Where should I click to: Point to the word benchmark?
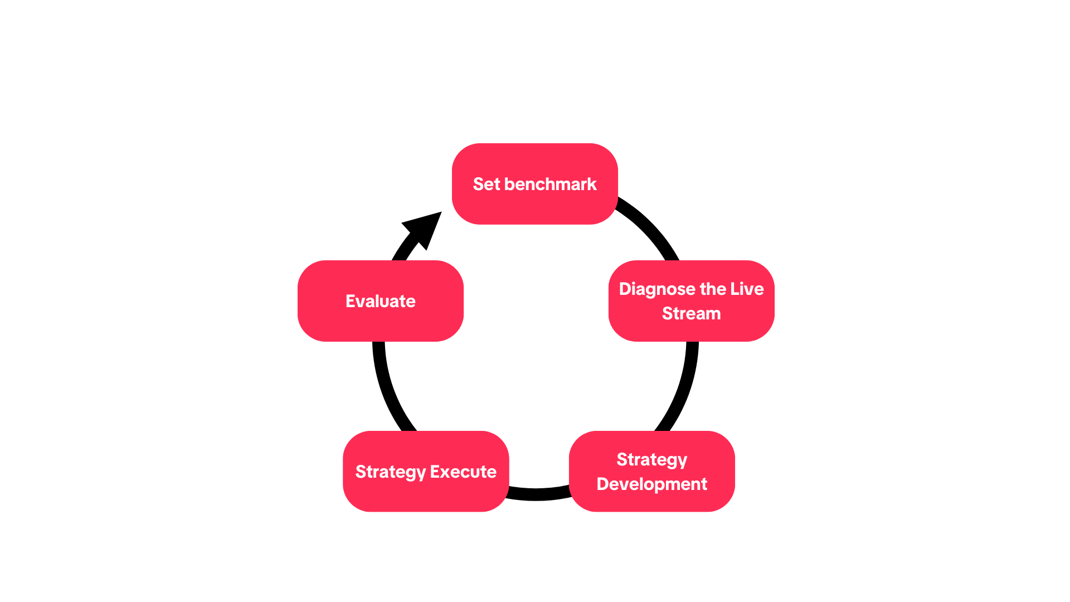550,184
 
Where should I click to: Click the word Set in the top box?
487,184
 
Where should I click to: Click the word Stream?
691,313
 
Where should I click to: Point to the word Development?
652,484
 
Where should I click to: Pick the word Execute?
463,472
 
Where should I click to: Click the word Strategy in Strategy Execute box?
391,472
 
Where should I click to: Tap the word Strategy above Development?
652,460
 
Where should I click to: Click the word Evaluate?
381,301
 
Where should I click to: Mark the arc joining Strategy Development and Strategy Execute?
538,494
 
